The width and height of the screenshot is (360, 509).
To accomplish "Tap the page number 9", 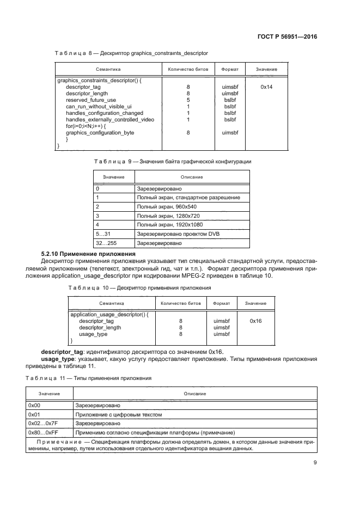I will [x=315, y=463].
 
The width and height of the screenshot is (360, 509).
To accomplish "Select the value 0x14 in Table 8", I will [x=266, y=87].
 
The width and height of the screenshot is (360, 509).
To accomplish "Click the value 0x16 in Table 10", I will [x=255, y=321].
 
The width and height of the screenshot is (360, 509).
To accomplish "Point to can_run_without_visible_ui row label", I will [x=99, y=106].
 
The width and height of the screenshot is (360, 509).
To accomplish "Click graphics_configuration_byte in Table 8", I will [x=100, y=132].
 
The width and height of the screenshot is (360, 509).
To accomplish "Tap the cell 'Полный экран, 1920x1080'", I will [x=170, y=224].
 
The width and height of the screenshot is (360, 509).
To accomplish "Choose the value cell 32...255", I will [x=106, y=242].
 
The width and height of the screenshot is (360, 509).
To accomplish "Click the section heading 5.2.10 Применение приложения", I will [x=89, y=254].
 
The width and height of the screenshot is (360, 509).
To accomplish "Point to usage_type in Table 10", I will [x=93, y=334].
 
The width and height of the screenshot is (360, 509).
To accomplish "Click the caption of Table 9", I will [x=173, y=161].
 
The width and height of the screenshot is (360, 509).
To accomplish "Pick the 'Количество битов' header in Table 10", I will [x=181, y=303].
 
